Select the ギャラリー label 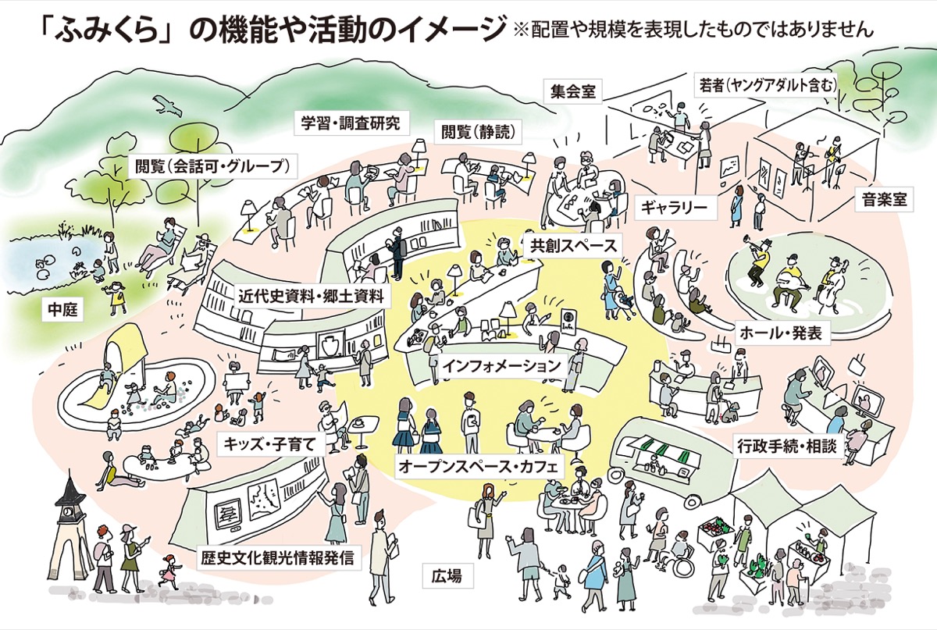pos(674,207)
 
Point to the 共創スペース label pos(573,245)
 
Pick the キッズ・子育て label pos(269,446)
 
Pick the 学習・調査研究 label pos(351,123)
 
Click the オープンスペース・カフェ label pos(478,466)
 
